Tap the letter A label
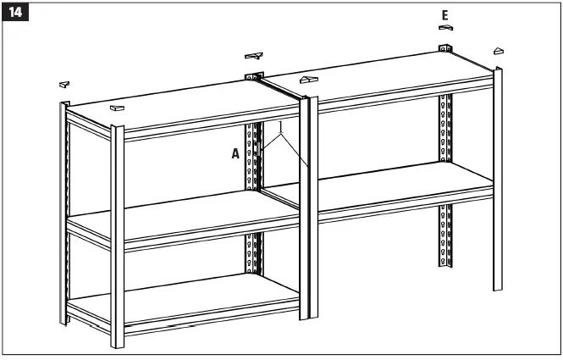click(x=235, y=153)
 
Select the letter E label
click(x=445, y=14)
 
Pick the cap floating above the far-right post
click(x=499, y=50)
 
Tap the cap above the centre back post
click(x=252, y=56)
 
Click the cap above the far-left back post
click(x=63, y=84)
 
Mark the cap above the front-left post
click(x=117, y=108)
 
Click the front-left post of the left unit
click(x=117, y=237)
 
